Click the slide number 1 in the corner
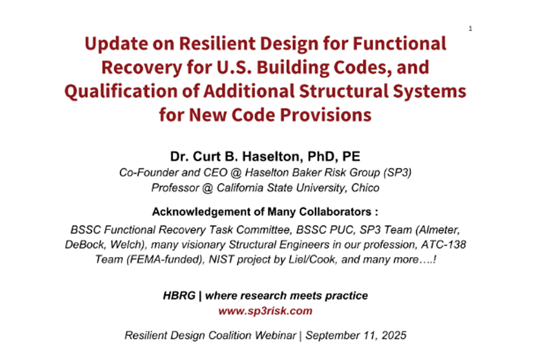tap(470, 28)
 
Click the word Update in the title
tap(116, 44)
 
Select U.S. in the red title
tap(234, 67)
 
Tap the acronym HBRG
tap(179, 295)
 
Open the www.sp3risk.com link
tap(265, 311)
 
